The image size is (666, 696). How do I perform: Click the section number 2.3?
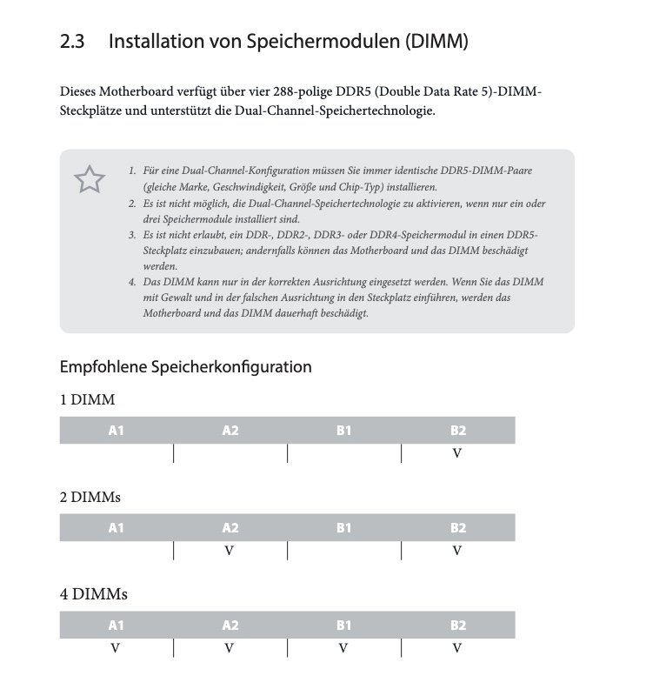pyautogui.click(x=71, y=41)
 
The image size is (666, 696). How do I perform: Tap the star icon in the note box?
pyautogui.click(x=89, y=180)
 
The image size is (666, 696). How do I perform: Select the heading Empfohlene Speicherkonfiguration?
pyautogui.click(x=185, y=366)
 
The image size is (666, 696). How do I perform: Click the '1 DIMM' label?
pyautogui.click(x=87, y=400)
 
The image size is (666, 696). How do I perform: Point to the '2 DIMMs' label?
pyautogui.click(x=90, y=498)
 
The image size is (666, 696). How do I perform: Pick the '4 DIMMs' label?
pyautogui.click(x=90, y=594)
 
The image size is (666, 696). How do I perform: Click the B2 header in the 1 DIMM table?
pyautogui.click(x=458, y=431)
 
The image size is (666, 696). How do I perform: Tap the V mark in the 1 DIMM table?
pyautogui.click(x=457, y=453)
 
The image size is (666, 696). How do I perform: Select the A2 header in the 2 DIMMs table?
pyautogui.click(x=230, y=528)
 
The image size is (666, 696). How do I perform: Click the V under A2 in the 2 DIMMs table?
pyautogui.click(x=230, y=551)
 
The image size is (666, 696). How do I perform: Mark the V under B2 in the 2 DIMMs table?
pyautogui.click(x=457, y=551)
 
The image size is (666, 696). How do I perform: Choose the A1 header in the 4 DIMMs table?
pyautogui.click(x=116, y=626)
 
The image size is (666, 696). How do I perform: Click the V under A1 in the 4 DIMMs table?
pyautogui.click(x=116, y=648)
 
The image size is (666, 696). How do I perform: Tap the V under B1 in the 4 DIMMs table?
pyautogui.click(x=343, y=648)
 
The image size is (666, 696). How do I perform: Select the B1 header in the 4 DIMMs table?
pyautogui.click(x=343, y=626)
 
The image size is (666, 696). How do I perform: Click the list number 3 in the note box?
pyautogui.click(x=131, y=235)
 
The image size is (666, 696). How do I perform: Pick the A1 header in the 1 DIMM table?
pyautogui.click(x=116, y=431)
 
